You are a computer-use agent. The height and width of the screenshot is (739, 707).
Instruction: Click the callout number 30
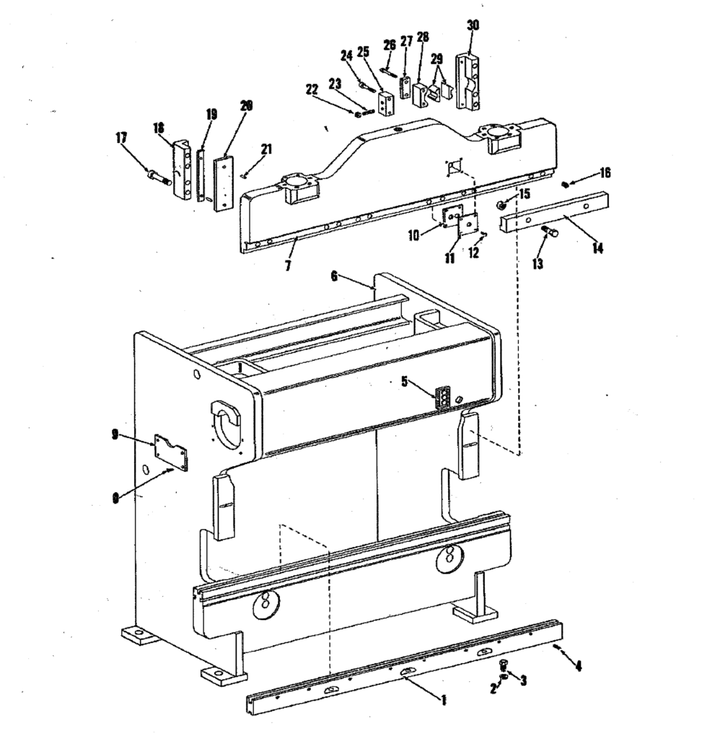coord(473,25)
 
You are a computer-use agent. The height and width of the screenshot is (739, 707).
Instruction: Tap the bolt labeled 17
coord(159,175)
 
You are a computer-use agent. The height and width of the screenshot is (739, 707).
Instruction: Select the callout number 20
coord(246,105)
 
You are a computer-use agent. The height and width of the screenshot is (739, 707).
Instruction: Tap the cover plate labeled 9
coord(170,452)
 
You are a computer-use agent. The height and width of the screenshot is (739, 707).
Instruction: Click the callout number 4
coord(577,666)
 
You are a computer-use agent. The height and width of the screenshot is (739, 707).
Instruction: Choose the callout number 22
coord(312,89)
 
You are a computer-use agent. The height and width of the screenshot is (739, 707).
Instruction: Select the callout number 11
coord(450,258)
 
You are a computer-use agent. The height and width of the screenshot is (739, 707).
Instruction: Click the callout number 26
coord(390,44)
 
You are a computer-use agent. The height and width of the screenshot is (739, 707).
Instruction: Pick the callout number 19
coord(211,114)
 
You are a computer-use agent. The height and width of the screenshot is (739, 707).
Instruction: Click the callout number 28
coord(423,37)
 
